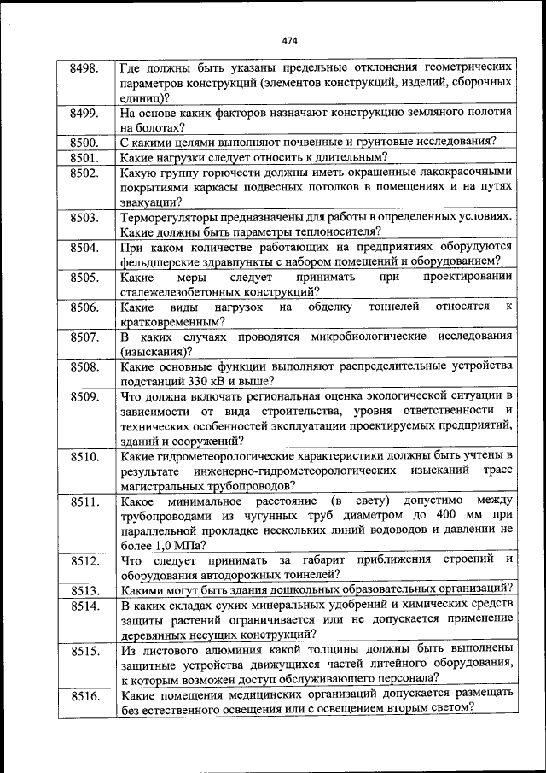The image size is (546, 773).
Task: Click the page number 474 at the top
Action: point(289,40)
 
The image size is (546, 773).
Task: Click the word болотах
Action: point(158,127)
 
